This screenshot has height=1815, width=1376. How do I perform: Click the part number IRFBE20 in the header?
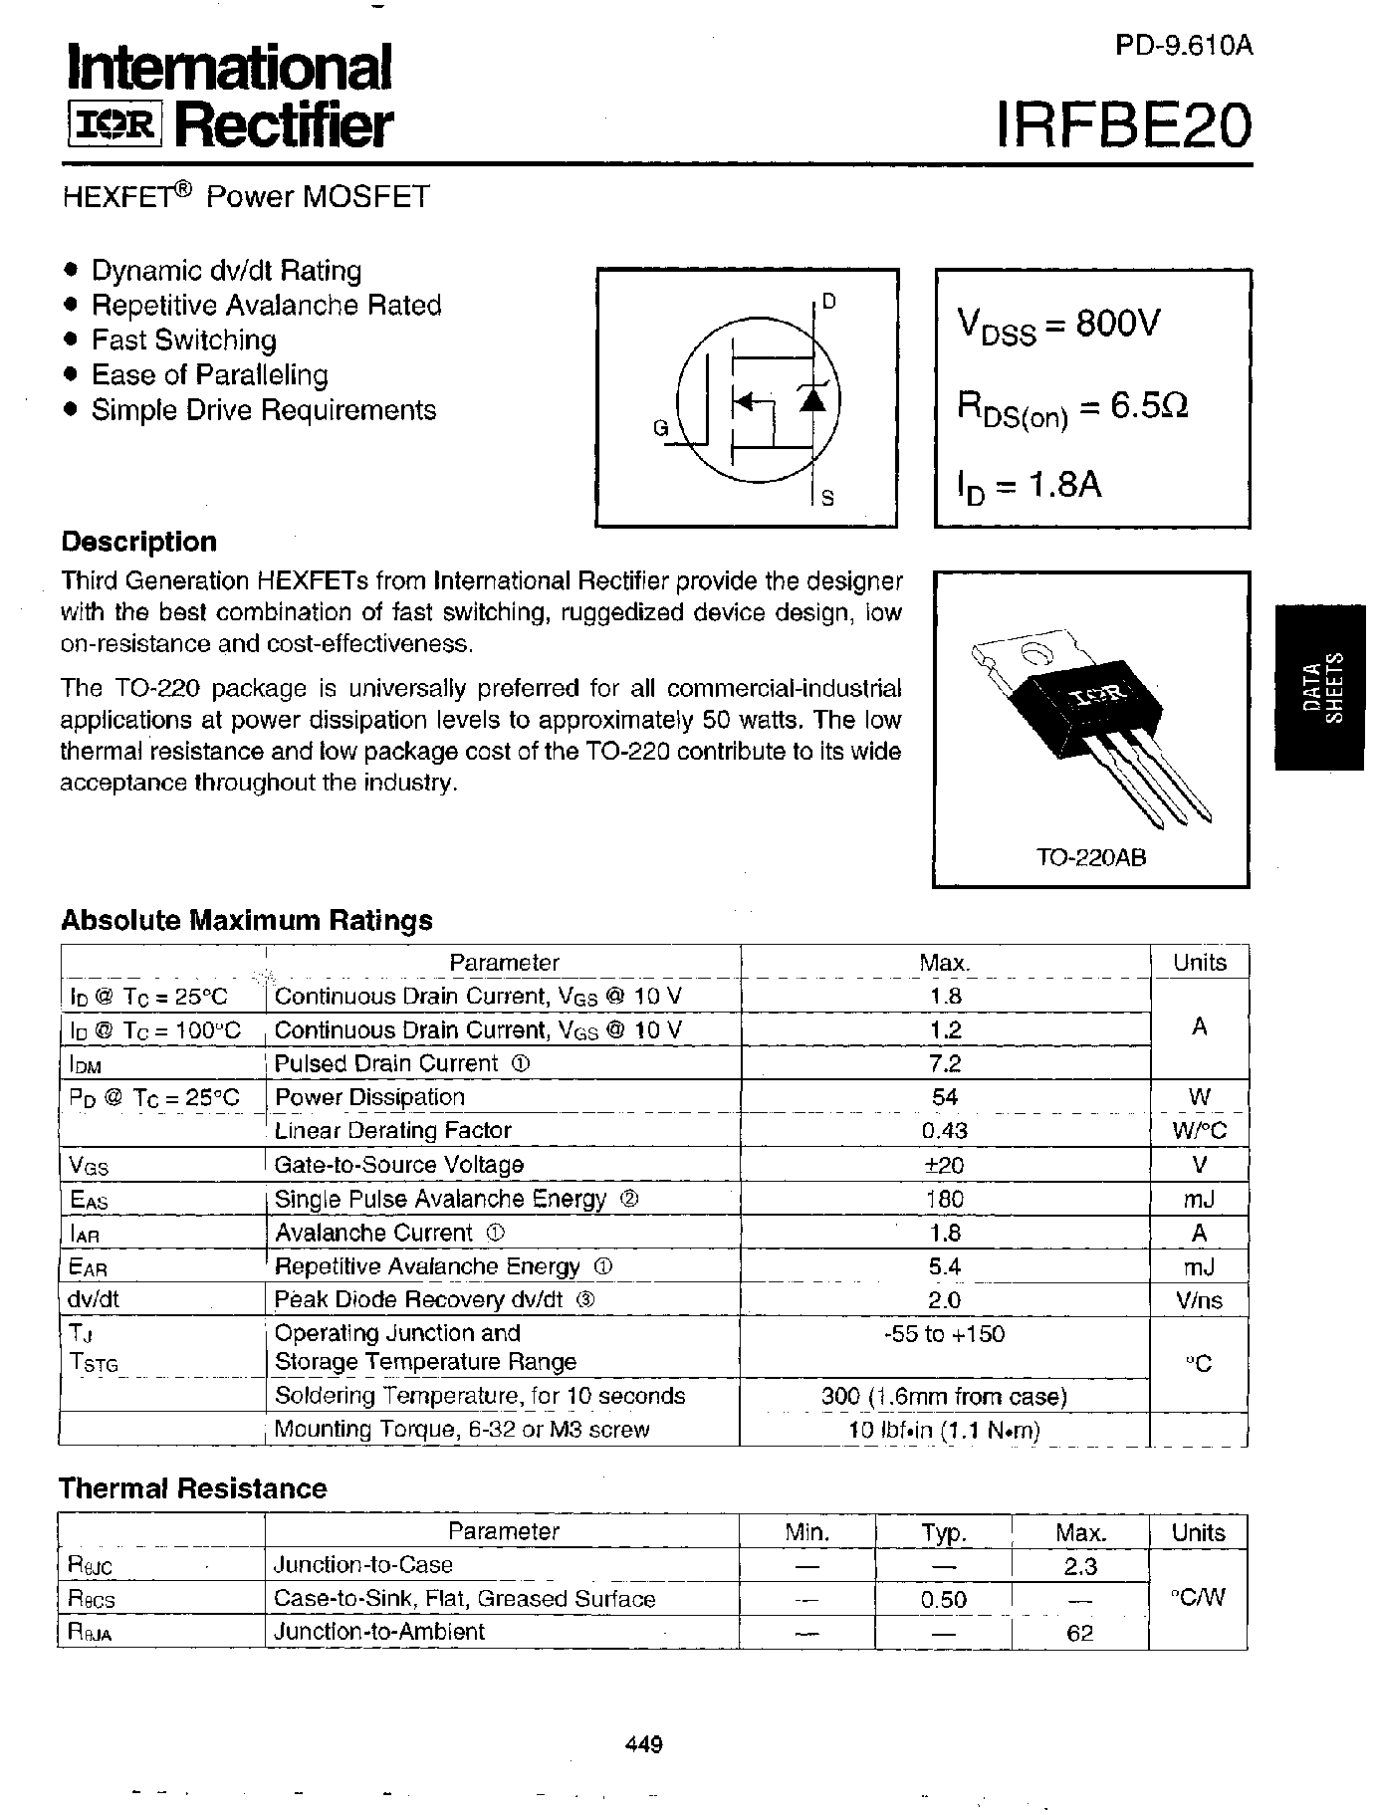1124,126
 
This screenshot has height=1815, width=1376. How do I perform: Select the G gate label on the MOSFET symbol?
660,428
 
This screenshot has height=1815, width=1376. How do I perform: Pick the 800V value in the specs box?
1118,324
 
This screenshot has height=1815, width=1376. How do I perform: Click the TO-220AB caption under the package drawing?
1091,856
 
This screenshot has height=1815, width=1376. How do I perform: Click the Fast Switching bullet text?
184,340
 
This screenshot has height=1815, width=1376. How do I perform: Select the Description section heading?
138,542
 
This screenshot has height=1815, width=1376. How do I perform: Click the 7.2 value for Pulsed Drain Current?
944,1063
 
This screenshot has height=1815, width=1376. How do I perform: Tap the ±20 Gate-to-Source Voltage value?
944,1165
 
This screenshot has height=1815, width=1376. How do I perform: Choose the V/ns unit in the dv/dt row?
1199,1300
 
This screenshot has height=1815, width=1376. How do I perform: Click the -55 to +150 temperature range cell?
944,1334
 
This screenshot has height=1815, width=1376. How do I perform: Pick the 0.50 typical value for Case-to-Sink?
944,1599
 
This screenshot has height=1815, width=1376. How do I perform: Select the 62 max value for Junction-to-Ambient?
1079,1633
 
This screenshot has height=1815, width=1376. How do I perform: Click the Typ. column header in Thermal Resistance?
944,1532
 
